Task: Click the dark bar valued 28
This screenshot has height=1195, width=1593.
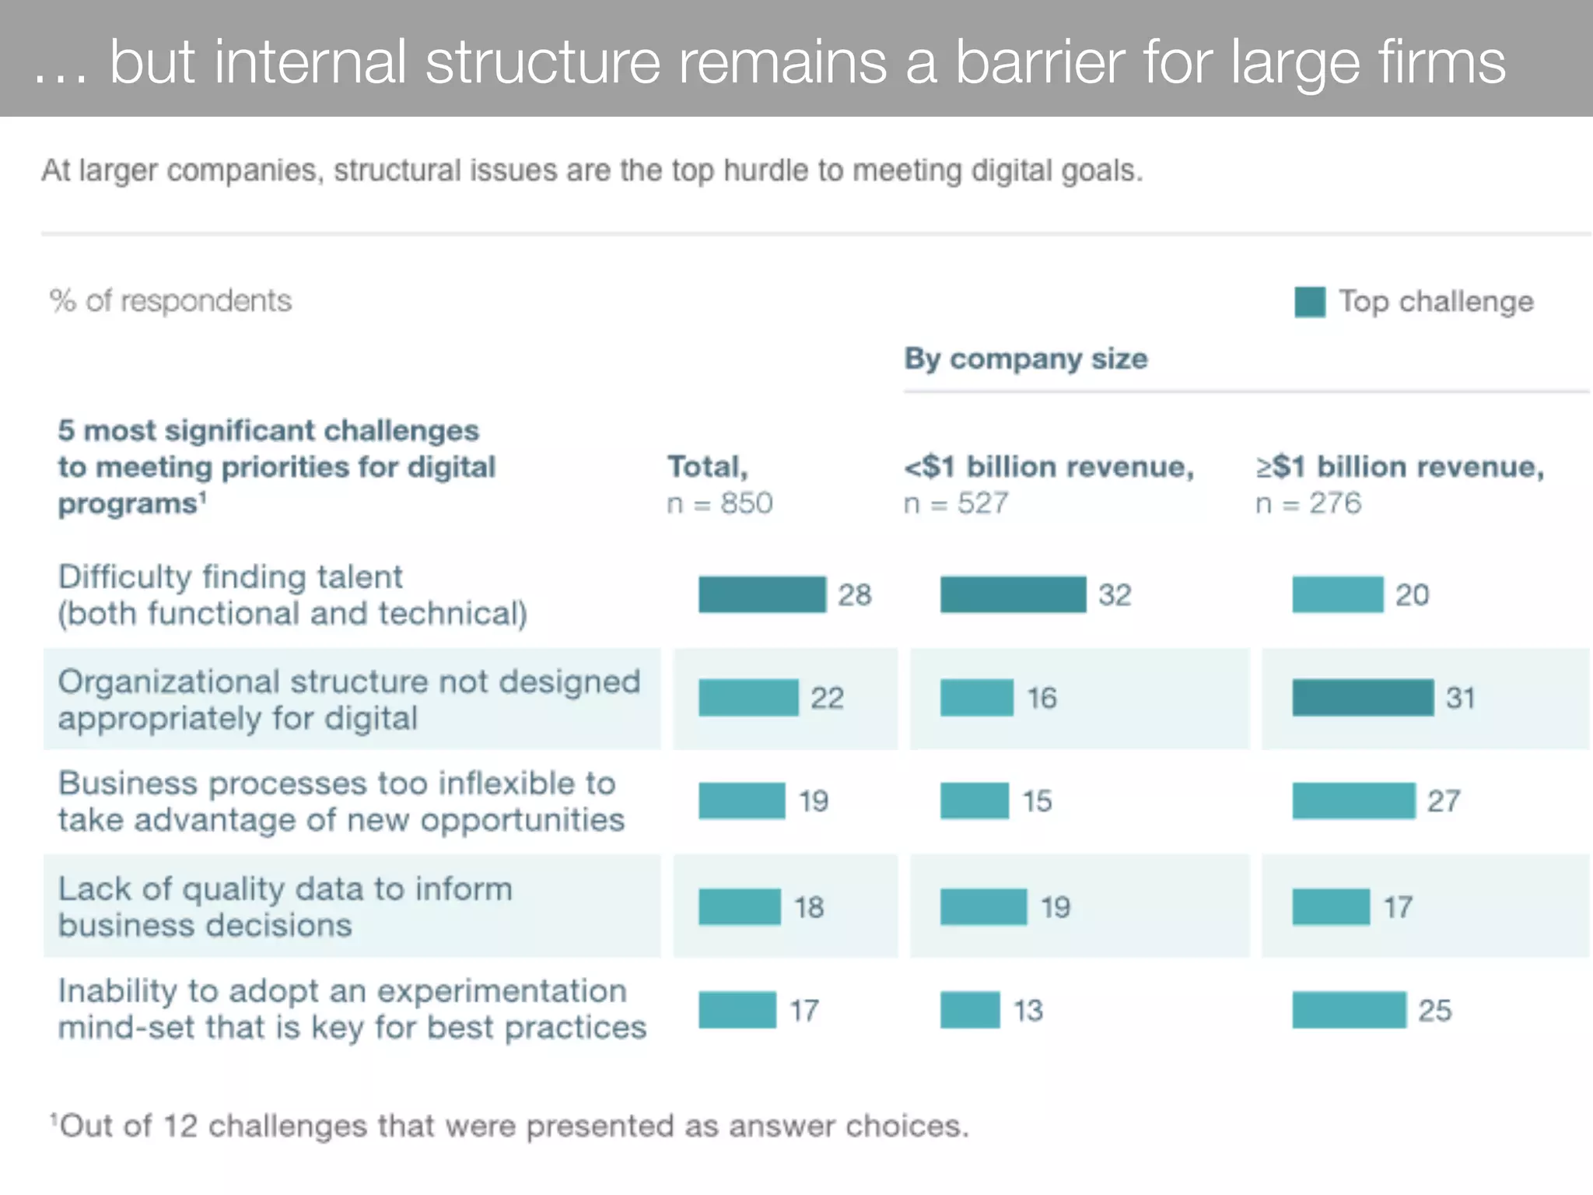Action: pos(761,594)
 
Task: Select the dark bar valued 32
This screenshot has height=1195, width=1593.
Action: pos(1013,594)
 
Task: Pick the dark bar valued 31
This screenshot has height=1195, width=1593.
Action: pos(1363,697)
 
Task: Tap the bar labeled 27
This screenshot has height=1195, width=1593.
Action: pos(1353,801)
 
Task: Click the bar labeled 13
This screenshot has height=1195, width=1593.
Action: pos(969,1010)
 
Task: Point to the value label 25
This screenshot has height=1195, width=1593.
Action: pos(1434,1011)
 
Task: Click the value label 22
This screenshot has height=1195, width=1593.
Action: pos(827,698)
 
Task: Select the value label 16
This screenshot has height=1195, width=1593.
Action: pos(1042,698)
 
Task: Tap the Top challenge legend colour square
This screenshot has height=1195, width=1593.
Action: pos(1309,302)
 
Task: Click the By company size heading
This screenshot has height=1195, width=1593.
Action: pos(1025,359)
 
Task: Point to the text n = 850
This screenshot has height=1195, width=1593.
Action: pos(719,503)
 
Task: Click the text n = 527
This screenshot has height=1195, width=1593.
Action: pos(955,503)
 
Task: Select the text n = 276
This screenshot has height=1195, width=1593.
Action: pos(1308,503)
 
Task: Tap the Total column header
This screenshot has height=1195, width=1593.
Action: pos(707,467)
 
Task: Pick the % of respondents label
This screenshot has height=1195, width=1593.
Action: pos(170,301)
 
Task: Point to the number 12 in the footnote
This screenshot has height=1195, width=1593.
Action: pos(180,1126)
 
